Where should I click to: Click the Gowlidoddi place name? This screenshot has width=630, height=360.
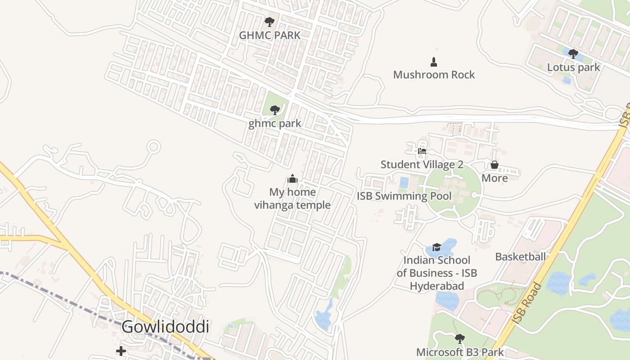click(x=165, y=327)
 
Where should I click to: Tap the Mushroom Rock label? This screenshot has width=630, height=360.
click(x=434, y=75)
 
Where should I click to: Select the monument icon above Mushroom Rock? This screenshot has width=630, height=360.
click(x=434, y=62)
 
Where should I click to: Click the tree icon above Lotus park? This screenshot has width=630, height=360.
click(x=573, y=54)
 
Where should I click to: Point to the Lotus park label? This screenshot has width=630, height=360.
click(x=573, y=67)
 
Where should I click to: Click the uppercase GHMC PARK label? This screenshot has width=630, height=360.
click(x=270, y=35)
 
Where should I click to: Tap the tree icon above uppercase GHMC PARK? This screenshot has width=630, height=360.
click(x=270, y=22)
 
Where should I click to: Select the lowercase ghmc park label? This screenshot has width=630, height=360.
click(x=274, y=123)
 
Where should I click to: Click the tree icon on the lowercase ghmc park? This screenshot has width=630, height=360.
click(x=274, y=110)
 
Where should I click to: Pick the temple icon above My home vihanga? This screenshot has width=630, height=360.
click(x=292, y=179)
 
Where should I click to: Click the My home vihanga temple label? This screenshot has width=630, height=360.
click(x=292, y=199)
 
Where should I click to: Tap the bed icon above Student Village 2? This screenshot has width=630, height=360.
click(x=422, y=151)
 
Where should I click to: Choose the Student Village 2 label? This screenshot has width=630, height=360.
click(x=422, y=165)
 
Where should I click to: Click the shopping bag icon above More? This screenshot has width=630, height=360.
click(x=495, y=165)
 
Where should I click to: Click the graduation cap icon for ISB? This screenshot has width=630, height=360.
click(x=436, y=247)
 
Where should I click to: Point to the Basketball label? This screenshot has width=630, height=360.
click(x=520, y=257)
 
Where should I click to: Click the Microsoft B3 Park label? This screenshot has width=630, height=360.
click(x=460, y=352)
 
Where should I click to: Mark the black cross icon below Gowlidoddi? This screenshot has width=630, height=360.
click(x=121, y=351)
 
